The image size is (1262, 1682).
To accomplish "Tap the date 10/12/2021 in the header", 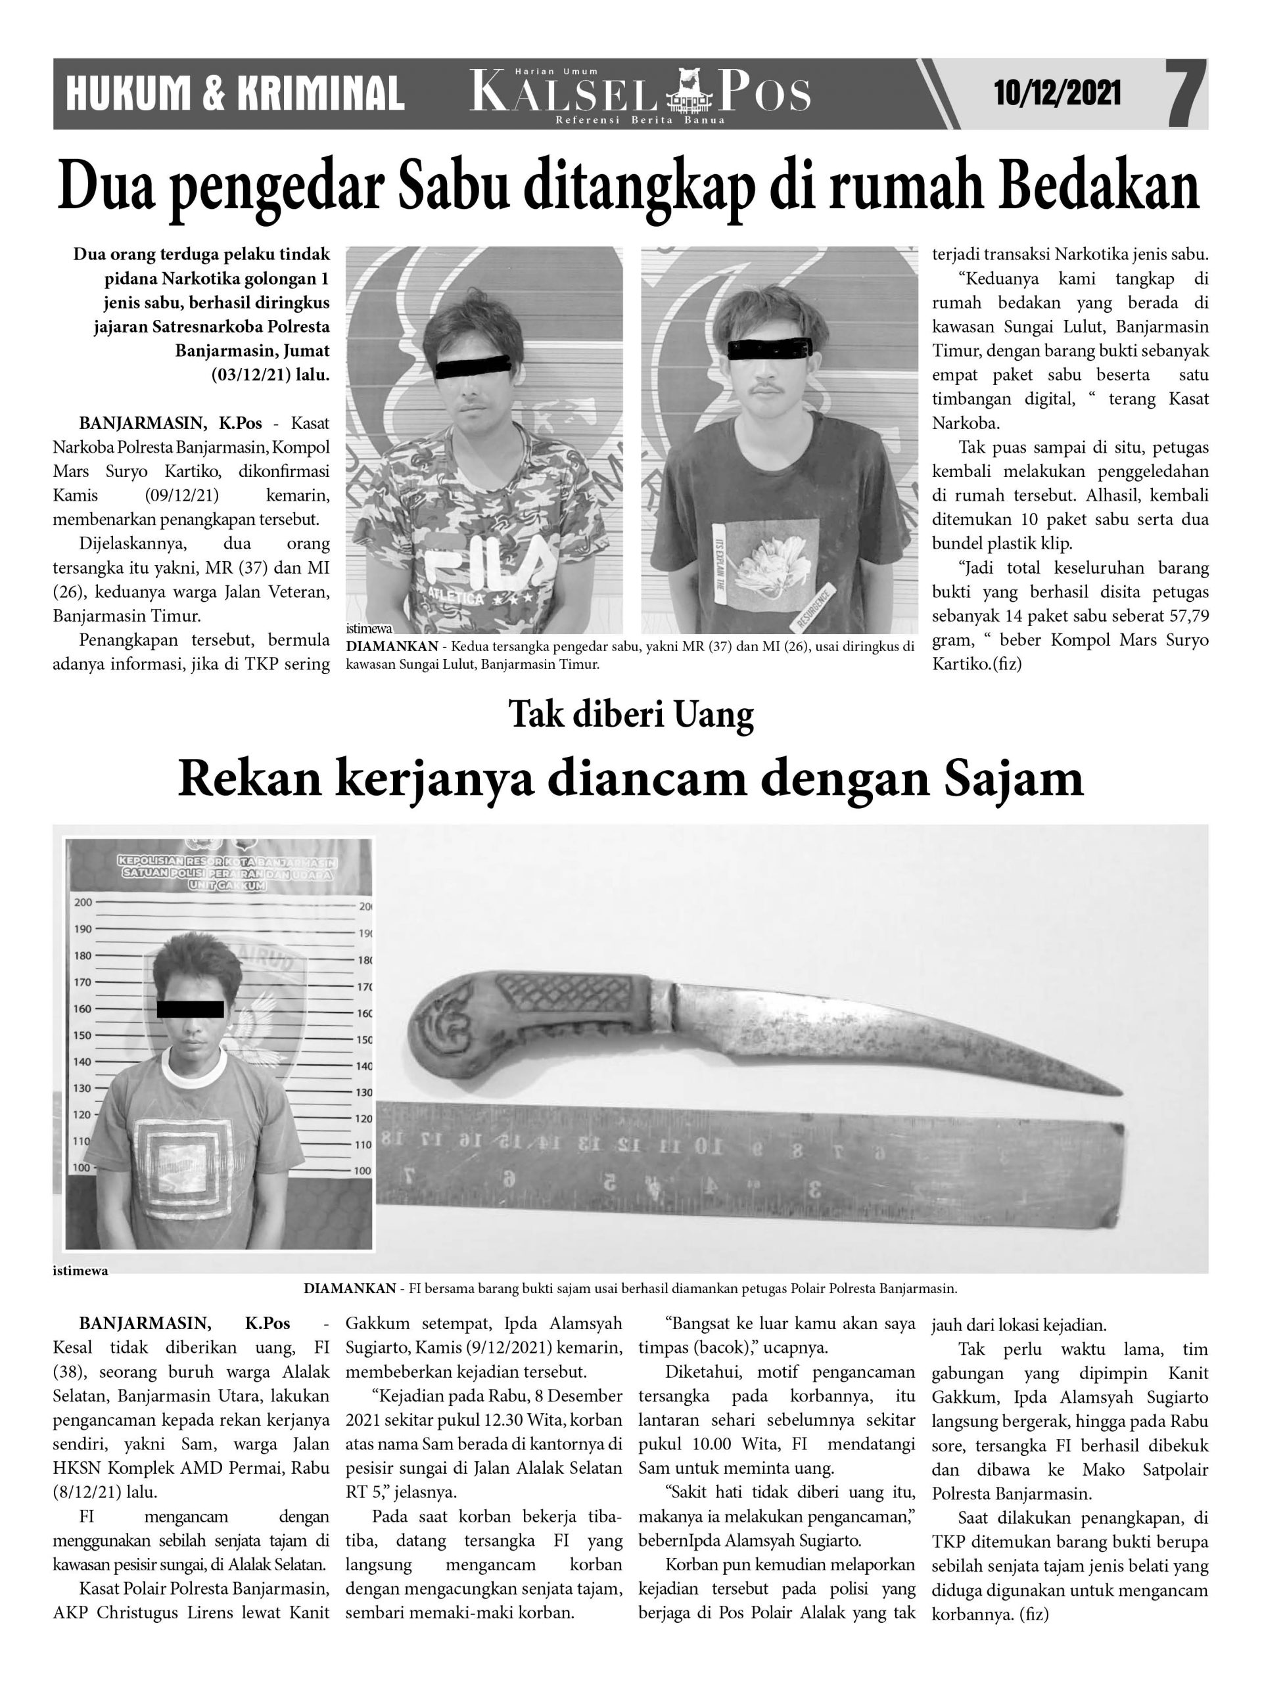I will [1057, 95].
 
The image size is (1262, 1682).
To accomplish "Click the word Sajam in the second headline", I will [1016, 779].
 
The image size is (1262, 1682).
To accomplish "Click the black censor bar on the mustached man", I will [769, 348].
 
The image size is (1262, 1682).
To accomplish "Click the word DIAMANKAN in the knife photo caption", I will [349, 1289].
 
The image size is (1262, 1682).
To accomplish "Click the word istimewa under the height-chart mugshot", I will [81, 1271].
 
